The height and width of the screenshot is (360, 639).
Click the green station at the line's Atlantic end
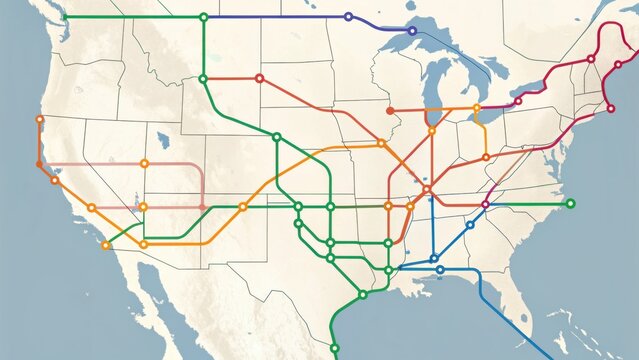click(x=570, y=203)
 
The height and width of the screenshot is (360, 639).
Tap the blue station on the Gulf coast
click(x=440, y=270)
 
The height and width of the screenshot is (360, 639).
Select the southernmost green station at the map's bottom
click(x=335, y=348)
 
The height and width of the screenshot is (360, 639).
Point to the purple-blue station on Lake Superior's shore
click(x=412, y=30)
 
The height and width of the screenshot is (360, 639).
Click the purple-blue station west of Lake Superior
click(x=348, y=17)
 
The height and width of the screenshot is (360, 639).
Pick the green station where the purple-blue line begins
click(x=203, y=17)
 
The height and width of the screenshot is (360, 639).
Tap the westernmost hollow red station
click(x=259, y=78)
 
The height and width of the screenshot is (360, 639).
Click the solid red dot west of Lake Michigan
click(x=390, y=111)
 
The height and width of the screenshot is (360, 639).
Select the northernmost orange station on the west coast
click(x=40, y=119)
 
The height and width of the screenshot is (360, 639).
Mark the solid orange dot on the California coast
click(x=39, y=163)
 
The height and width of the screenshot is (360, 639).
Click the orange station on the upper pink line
click(x=144, y=163)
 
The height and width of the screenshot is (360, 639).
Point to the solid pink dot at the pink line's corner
click(x=203, y=207)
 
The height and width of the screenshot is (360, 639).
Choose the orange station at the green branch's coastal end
click(x=106, y=244)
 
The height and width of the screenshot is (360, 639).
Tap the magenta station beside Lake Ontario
click(x=518, y=101)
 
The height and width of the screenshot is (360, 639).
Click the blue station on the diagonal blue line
click(x=469, y=225)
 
